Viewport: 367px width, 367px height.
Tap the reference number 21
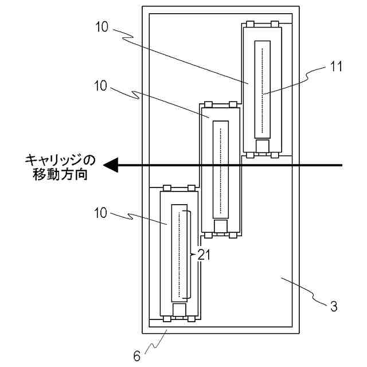point(204,255)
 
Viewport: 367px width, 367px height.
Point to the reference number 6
point(136,356)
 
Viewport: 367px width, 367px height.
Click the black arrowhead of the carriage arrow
point(111,165)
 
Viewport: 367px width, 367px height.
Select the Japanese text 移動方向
point(60,174)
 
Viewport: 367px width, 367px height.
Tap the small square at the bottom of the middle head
point(221,225)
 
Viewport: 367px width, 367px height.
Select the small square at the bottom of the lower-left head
point(179,310)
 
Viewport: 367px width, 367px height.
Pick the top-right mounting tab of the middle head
point(233,104)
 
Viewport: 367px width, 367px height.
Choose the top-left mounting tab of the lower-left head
point(167,188)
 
